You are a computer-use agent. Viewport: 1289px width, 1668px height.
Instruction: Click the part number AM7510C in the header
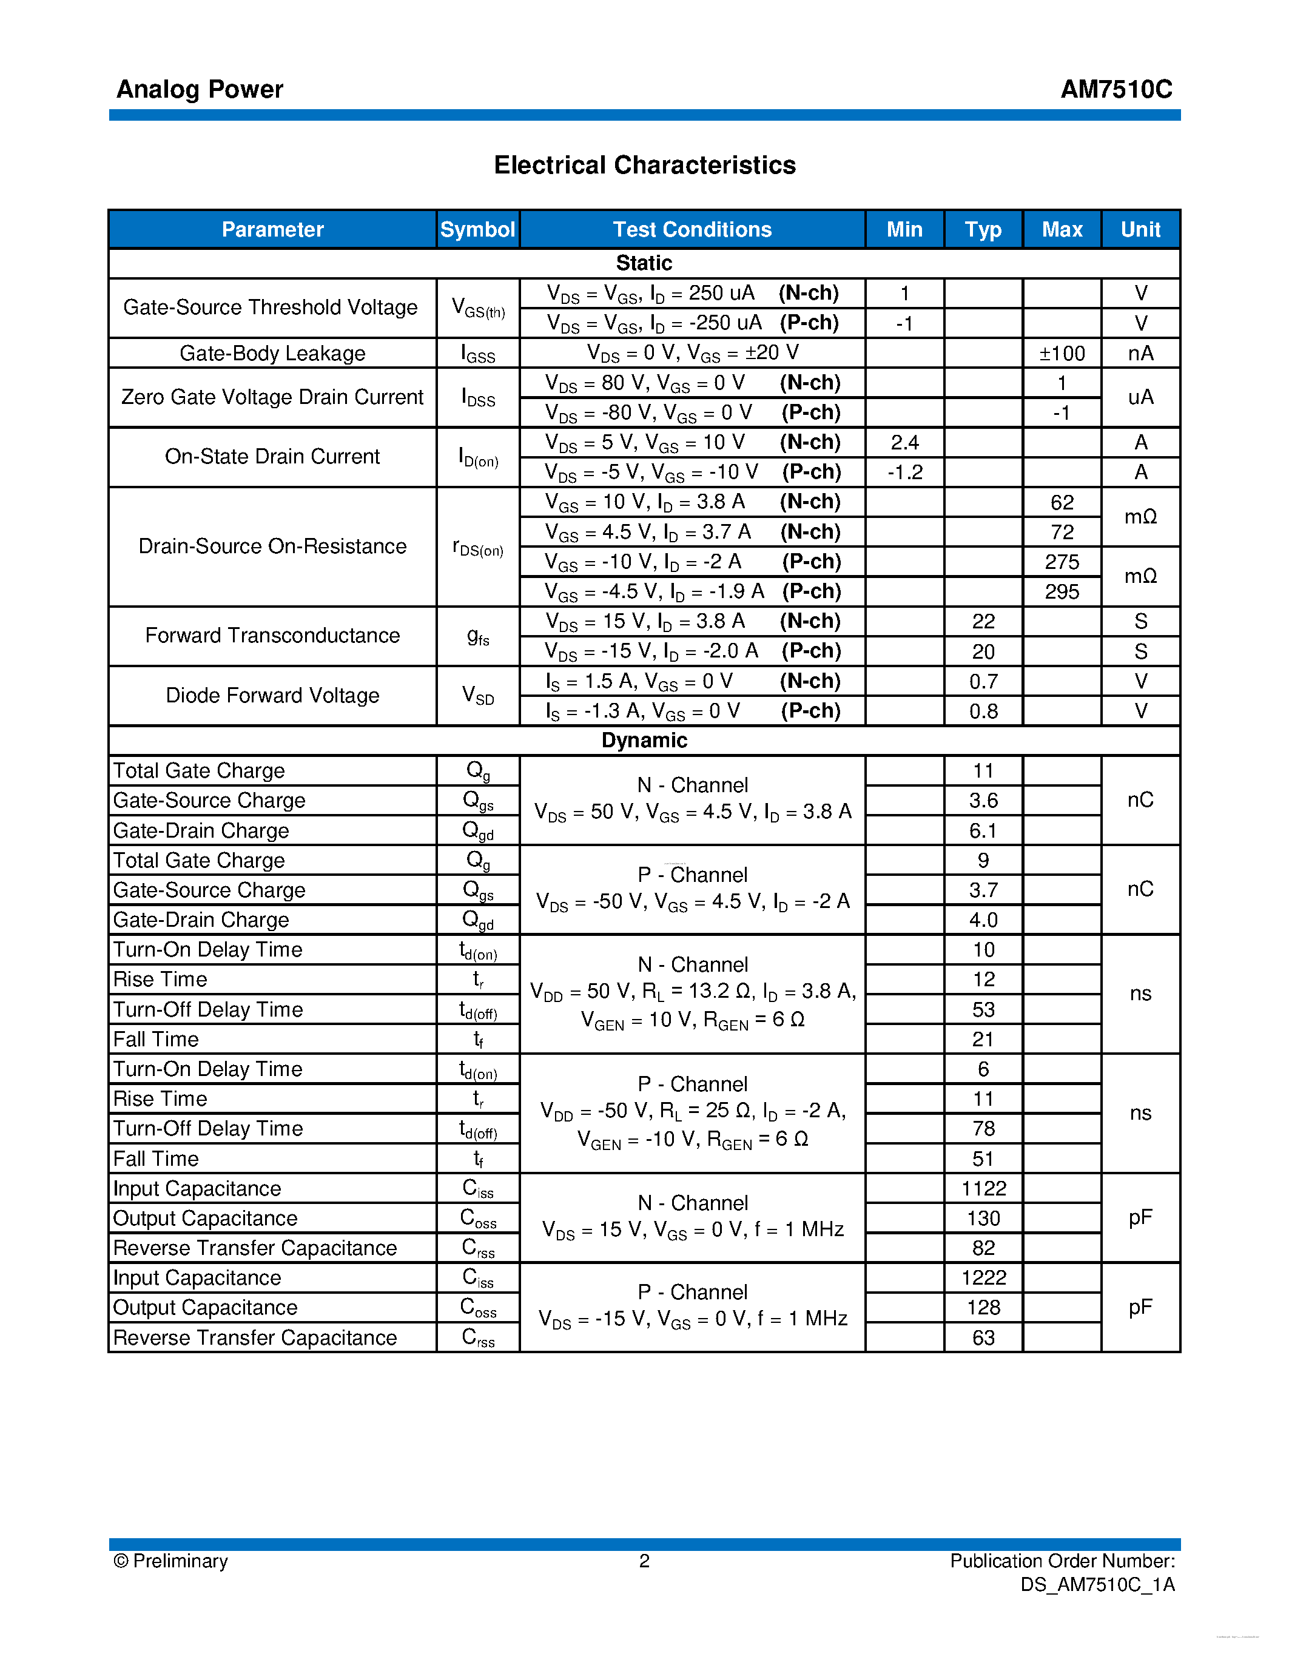click(x=1116, y=89)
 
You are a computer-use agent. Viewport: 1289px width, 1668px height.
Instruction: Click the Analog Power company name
click(x=200, y=89)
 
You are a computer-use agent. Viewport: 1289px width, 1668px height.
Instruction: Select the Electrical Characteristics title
click(x=644, y=165)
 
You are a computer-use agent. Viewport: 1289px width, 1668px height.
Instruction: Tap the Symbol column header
click(x=477, y=229)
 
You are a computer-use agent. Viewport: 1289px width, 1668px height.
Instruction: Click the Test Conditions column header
click(x=692, y=229)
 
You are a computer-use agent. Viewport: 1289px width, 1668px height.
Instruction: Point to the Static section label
click(x=644, y=263)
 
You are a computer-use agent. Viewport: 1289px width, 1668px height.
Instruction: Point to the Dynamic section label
click(x=644, y=740)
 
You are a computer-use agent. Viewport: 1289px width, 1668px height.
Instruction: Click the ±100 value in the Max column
click(x=1062, y=353)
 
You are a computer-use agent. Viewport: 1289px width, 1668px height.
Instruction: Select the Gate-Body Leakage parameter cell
click(x=272, y=353)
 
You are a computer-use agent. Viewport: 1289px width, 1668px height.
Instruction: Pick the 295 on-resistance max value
click(x=1062, y=591)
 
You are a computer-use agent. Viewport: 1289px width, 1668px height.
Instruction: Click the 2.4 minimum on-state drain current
click(x=904, y=442)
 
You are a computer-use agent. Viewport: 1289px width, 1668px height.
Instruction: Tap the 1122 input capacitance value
click(x=983, y=1188)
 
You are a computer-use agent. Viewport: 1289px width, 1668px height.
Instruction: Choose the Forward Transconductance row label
click(x=272, y=636)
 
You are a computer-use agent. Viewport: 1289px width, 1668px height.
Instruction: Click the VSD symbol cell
click(x=477, y=695)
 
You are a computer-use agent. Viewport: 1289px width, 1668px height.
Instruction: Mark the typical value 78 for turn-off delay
click(x=983, y=1128)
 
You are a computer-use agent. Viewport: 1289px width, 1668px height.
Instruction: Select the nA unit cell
click(x=1140, y=353)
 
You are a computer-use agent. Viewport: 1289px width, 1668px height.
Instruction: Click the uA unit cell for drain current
click(x=1140, y=397)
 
